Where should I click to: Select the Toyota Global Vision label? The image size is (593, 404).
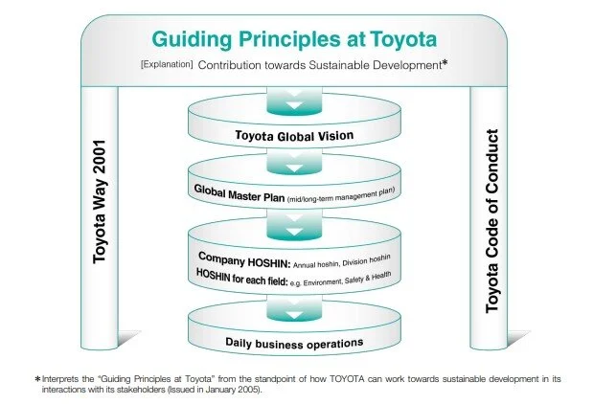tap(294, 136)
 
